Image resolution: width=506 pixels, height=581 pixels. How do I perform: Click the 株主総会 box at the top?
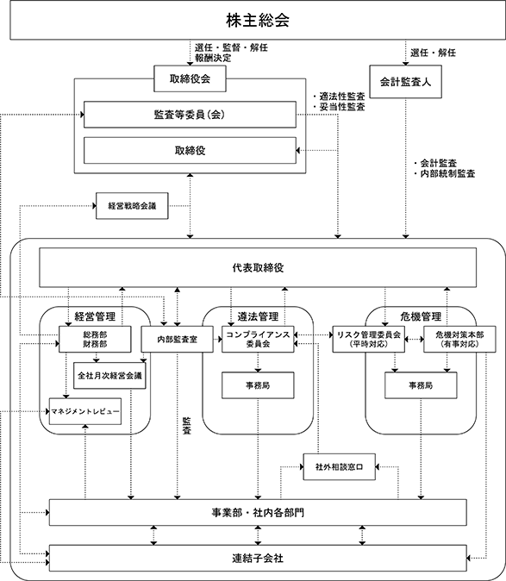pyautogui.click(x=258, y=20)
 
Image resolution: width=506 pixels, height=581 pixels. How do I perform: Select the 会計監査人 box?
pyautogui.click(x=406, y=82)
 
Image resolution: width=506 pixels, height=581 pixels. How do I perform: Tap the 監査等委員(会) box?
pyautogui.click(x=190, y=115)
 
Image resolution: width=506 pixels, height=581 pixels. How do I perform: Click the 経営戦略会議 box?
pyautogui.click(x=132, y=206)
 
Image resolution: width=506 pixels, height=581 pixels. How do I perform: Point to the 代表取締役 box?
pyautogui.click(x=258, y=267)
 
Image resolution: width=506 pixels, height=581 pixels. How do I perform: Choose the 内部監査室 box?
pyautogui.click(x=177, y=339)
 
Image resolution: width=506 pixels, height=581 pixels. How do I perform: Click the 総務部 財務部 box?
pyautogui.click(x=95, y=339)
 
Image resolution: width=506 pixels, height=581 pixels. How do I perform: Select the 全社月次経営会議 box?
pyautogui.click(x=109, y=375)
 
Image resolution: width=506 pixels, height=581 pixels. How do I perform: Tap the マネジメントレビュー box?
pyautogui.click(x=85, y=411)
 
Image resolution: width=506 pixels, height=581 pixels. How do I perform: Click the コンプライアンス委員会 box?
pyautogui.click(x=258, y=339)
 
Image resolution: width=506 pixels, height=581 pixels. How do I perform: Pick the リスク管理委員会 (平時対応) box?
pyautogui.click(x=369, y=339)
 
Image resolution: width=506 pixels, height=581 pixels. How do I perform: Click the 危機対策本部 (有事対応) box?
pyautogui.click(x=459, y=339)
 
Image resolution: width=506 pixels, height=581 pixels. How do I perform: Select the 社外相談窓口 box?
pyautogui.click(x=340, y=467)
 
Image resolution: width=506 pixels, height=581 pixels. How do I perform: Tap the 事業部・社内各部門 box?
pyautogui.click(x=258, y=512)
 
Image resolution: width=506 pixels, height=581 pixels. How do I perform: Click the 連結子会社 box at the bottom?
pyautogui.click(x=258, y=558)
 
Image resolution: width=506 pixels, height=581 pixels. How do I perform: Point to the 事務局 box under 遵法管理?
pyautogui.click(x=258, y=385)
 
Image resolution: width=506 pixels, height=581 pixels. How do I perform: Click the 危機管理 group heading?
pyautogui.click(x=421, y=316)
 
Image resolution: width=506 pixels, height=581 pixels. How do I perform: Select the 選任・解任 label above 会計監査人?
pyautogui.click(x=433, y=53)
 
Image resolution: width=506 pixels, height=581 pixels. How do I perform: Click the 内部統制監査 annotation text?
pyautogui.click(x=447, y=173)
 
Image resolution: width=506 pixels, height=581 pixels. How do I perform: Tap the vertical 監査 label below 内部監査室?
pyautogui.click(x=187, y=426)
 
